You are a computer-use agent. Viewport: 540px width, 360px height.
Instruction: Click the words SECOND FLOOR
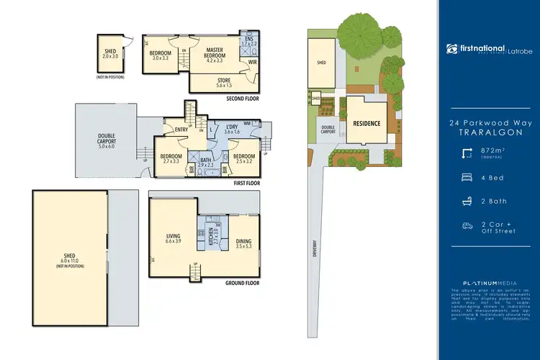coord(243,98)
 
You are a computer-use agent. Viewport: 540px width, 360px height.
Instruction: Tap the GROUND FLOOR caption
coord(241,283)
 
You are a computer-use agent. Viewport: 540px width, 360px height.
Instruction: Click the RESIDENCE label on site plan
coord(366,123)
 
